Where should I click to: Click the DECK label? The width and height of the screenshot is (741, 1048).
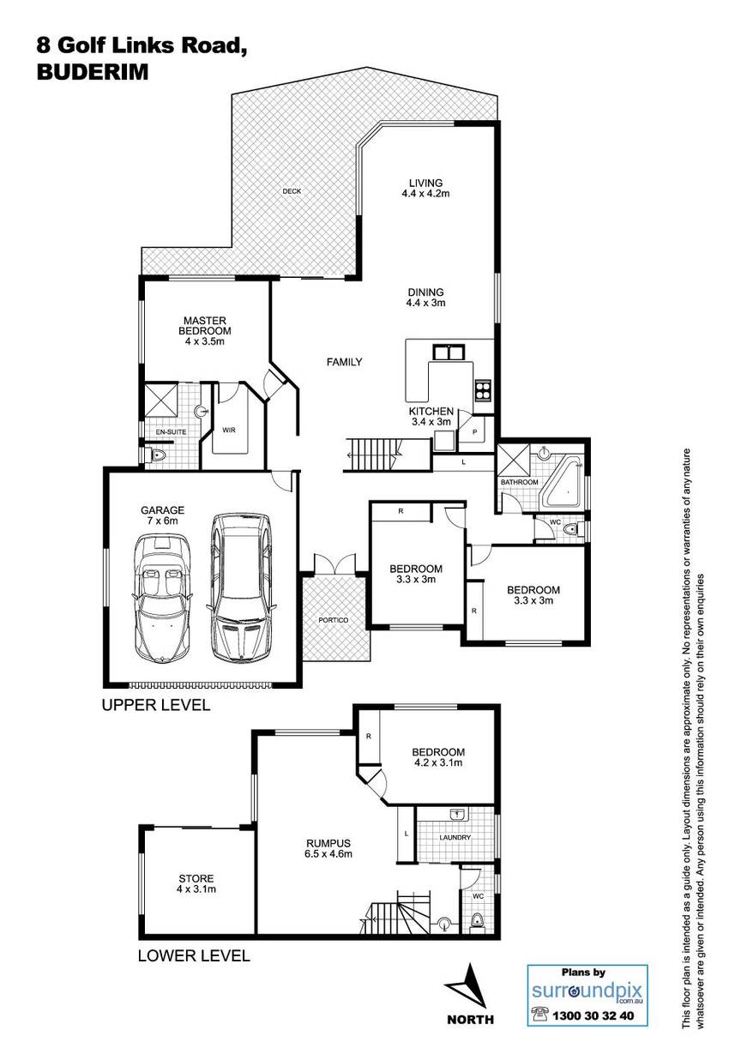(292, 191)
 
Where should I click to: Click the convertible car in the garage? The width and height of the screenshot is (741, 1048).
(162, 599)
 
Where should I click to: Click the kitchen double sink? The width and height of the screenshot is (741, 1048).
(448, 352)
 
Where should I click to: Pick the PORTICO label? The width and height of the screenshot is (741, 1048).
(333, 620)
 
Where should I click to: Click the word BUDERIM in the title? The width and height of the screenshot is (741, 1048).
(93, 72)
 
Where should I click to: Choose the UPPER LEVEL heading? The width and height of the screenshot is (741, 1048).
(156, 705)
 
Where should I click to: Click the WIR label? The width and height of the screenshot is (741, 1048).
(229, 430)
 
